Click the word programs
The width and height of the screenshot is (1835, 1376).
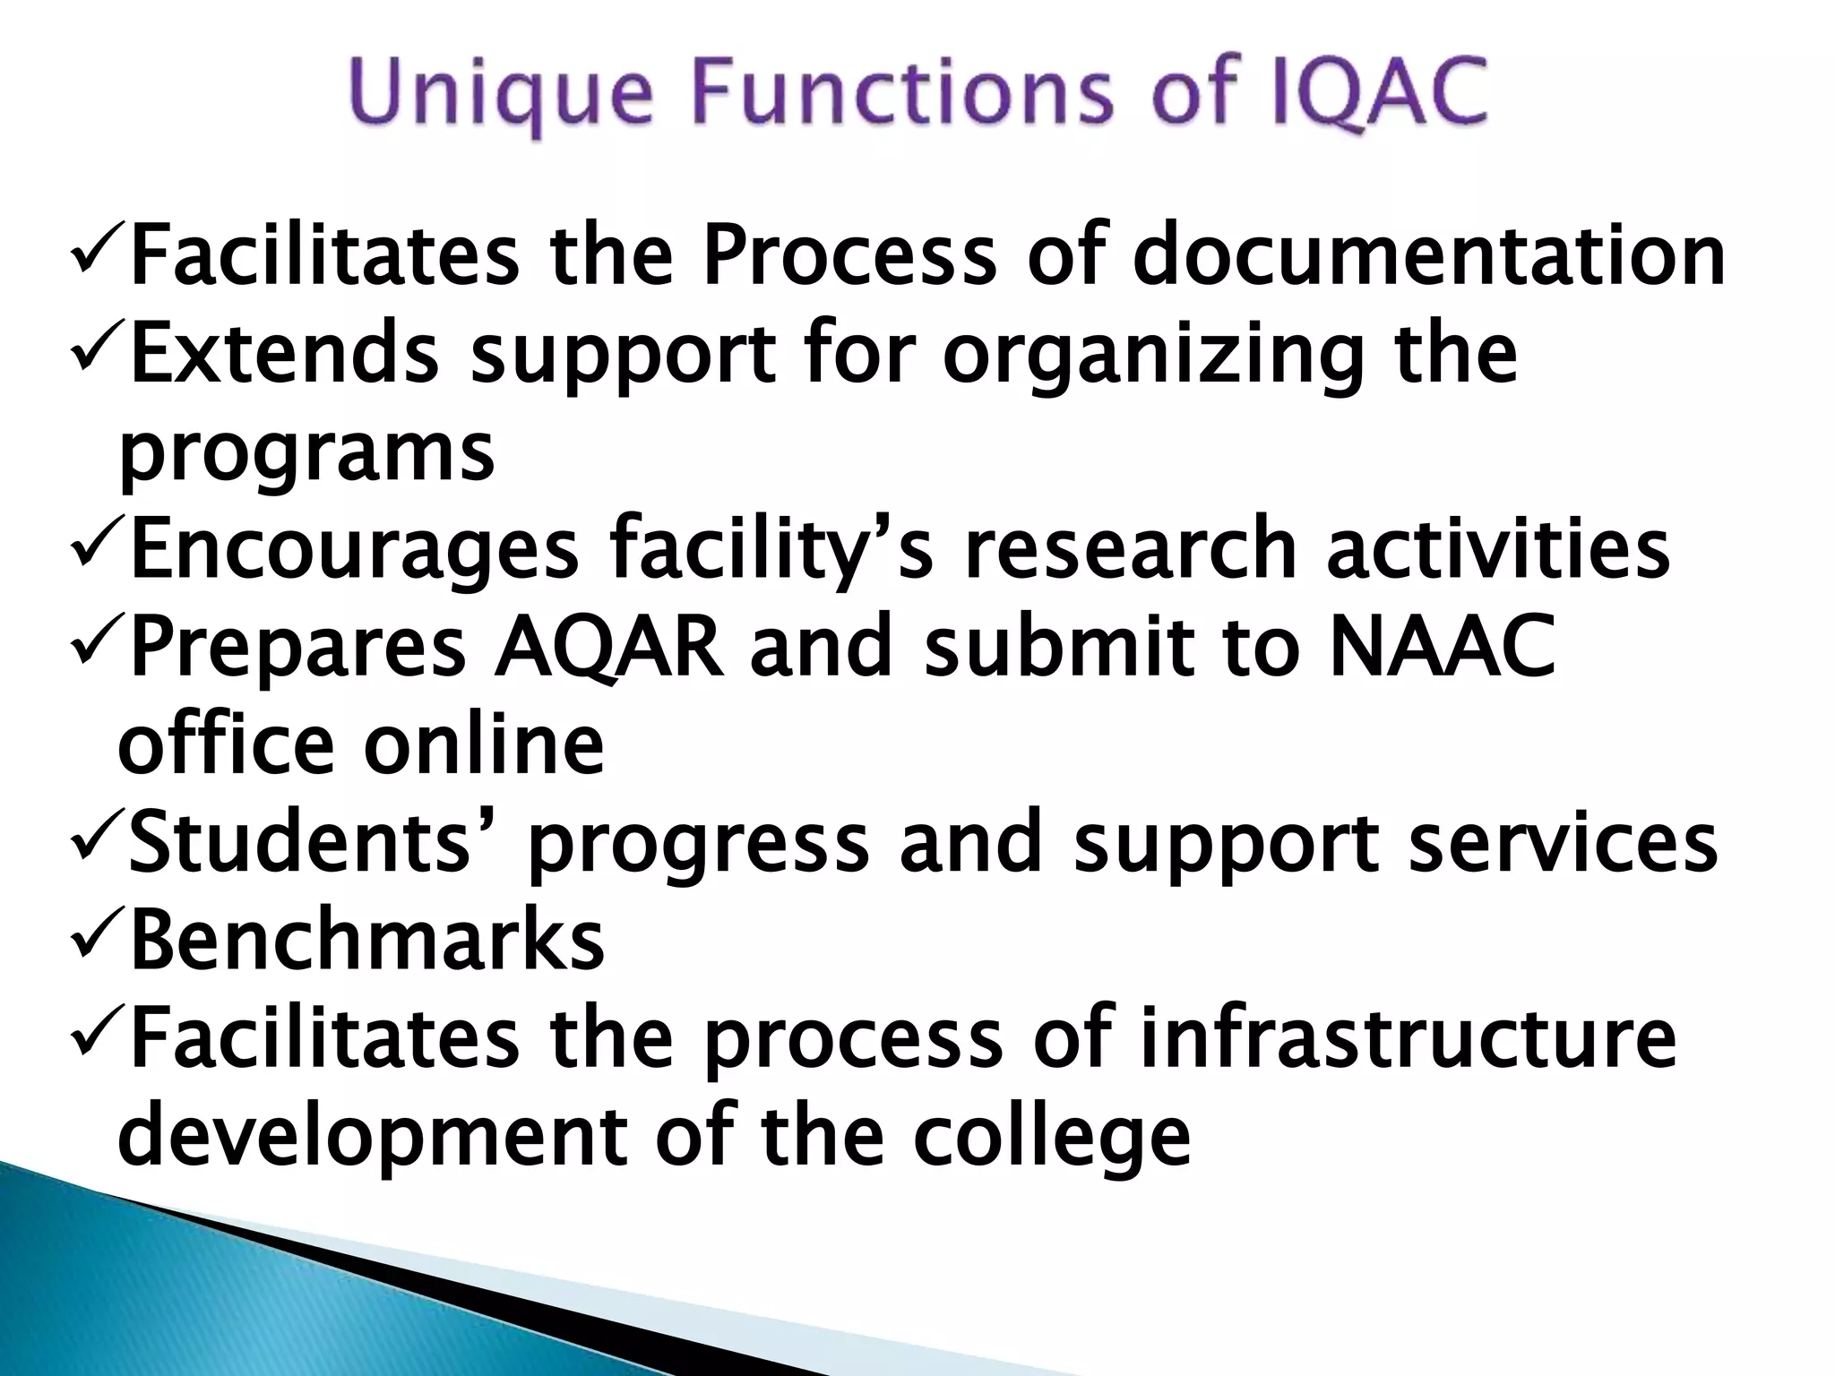pos(306,453)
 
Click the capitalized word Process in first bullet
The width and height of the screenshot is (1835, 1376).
pos(849,256)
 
